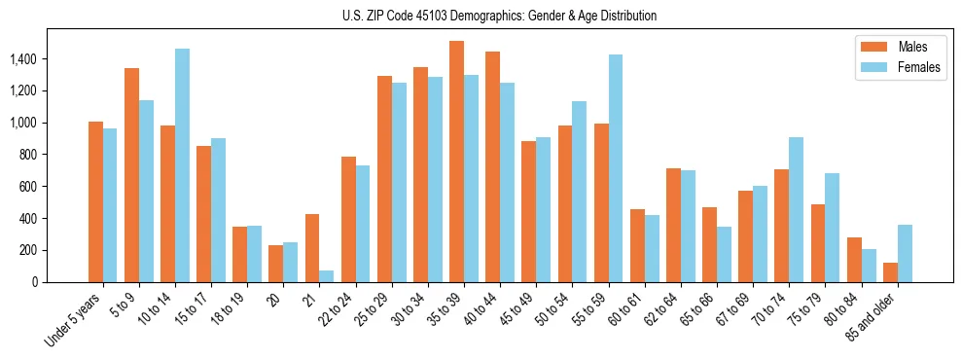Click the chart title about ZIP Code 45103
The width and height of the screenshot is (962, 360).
pyautogui.click(x=500, y=16)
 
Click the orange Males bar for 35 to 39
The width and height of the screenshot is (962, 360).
pyautogui.click(x=456, y=162)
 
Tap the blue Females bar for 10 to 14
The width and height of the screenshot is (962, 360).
pyautogui.click(x=182, y=165)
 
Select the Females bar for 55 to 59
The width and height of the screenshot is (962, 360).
pyautogui.click(x=616, y=168)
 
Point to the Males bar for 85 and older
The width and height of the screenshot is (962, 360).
pyautogui.click(x=890, y=272)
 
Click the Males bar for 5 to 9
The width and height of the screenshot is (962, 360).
pyautogui.click(x=131, y=175)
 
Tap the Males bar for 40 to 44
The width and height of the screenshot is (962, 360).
pyautogui.click(x=492, y=166)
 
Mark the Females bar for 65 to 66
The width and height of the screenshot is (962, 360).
pyautogui.click(x=724, y=254)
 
